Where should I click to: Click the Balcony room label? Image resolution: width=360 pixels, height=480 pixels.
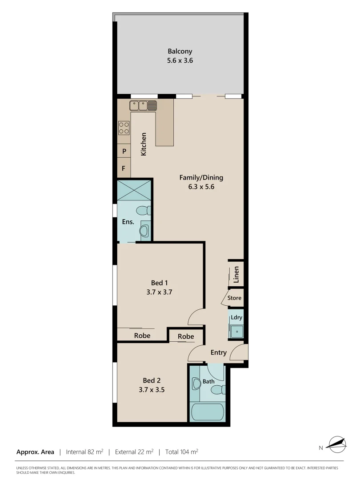180,51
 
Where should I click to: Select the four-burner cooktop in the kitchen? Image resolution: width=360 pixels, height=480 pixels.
124,128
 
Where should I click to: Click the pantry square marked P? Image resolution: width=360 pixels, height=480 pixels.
124,151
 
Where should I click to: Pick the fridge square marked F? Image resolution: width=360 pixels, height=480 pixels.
124,169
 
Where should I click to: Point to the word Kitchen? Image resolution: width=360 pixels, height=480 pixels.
144,144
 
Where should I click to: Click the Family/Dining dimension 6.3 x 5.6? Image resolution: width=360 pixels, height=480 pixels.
201,187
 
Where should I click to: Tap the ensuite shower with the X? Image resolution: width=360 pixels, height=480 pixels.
134,189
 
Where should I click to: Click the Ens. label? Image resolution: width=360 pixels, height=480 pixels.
128,221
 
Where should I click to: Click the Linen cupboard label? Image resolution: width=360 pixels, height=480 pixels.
236,274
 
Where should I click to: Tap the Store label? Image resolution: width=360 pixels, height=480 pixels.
234,298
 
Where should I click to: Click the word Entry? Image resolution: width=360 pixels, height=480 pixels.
218,352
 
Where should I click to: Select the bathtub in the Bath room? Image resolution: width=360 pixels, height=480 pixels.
207,412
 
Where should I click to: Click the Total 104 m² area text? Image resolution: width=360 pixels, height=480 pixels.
181,452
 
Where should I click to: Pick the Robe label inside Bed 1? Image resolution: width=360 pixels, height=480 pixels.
142,336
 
